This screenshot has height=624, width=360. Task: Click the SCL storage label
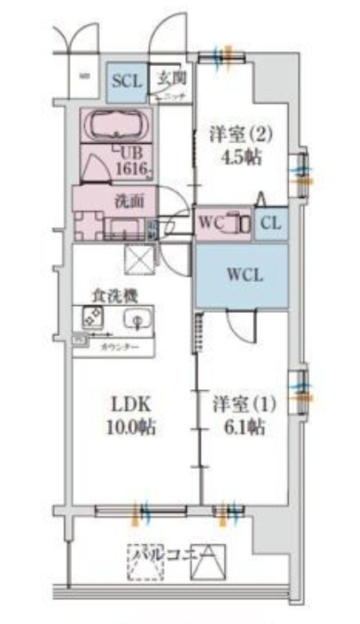point(126,82)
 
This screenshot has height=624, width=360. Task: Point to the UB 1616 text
point(129,160)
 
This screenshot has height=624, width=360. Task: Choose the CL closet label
point(269,223)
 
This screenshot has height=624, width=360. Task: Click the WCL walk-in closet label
point(243,276)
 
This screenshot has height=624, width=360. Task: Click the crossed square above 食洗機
point(137,259)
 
